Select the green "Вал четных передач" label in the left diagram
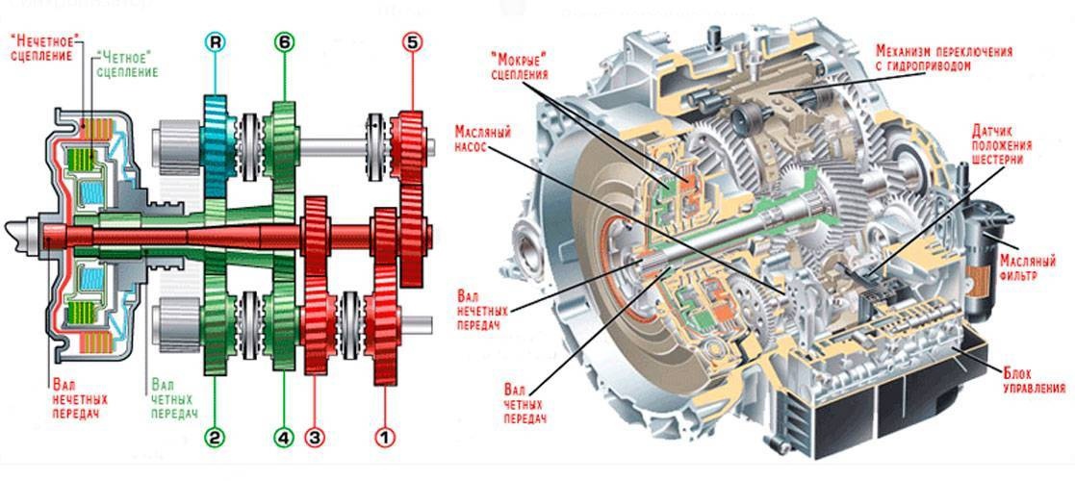pos(173,397)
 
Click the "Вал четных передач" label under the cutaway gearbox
pos(525,404)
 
